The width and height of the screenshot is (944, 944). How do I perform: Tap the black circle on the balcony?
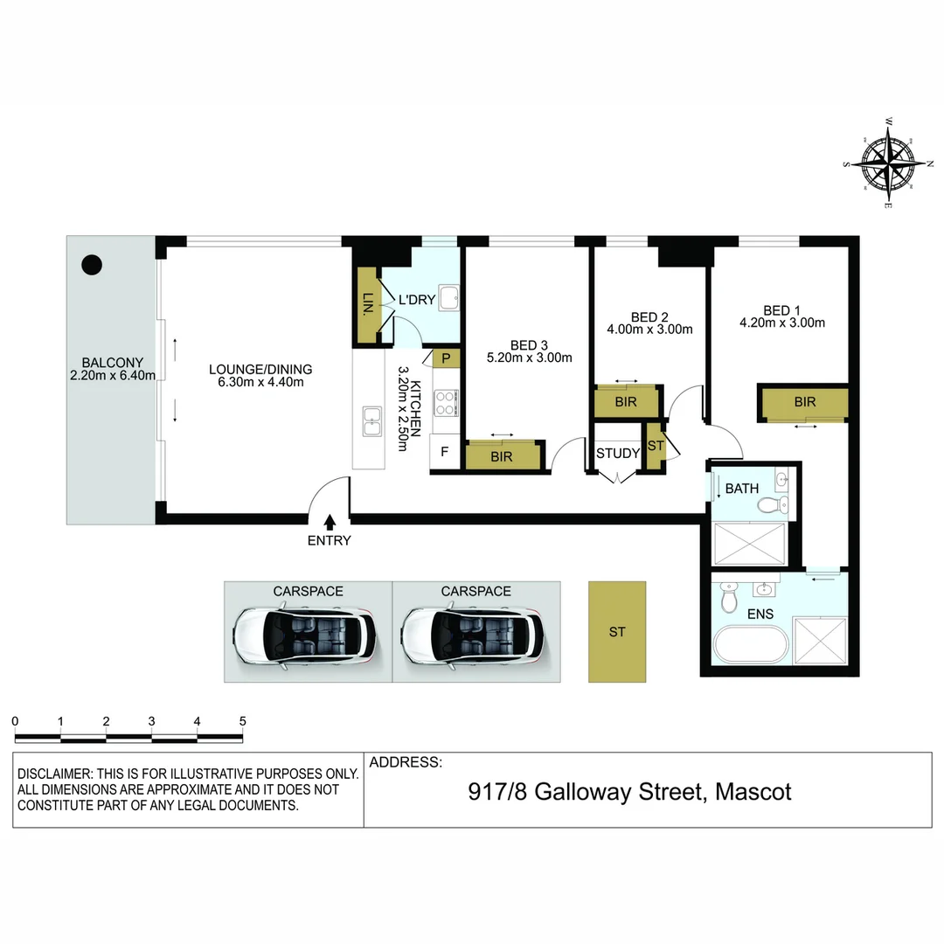point(91,263)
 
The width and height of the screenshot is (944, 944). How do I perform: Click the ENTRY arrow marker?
point(330,522)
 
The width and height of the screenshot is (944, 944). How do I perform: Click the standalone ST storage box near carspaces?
point(617,632)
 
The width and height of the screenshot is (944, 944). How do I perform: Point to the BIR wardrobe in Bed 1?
point(804,402)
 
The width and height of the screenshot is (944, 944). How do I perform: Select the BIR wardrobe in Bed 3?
point(502,456)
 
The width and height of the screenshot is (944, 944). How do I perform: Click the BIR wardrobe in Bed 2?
point(626,402)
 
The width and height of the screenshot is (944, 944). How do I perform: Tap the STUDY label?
point(618,453)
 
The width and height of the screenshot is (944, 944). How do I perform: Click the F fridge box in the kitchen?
point(445,453)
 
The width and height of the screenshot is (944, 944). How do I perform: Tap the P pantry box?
point(446,358)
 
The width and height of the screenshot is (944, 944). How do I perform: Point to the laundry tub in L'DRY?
point(449,298)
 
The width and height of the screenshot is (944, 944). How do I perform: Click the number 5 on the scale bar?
point(242,721)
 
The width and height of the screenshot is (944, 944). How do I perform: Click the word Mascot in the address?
point(753,792)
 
